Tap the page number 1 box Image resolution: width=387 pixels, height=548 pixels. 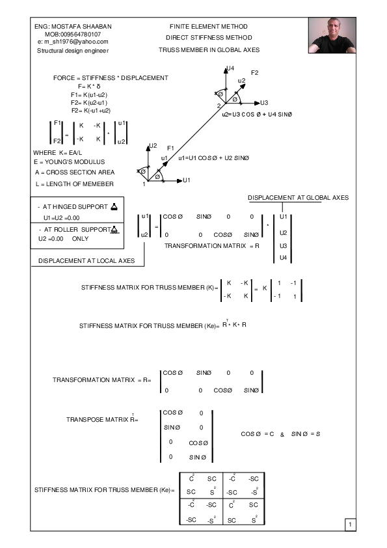coord(349,524)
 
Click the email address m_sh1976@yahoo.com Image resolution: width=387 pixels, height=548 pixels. coord(73,42)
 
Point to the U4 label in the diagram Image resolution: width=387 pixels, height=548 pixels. coord(231,68)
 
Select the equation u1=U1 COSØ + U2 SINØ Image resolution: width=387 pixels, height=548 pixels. coord(212,158)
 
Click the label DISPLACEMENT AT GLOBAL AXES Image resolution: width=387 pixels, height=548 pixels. coord(299,197)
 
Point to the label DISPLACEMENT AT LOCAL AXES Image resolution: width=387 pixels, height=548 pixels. coord(87,260)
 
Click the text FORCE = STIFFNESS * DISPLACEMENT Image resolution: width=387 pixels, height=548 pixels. coord(111,78)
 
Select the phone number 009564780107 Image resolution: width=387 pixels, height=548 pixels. coord(72,34)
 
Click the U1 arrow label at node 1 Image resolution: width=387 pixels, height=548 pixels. coord(187,180)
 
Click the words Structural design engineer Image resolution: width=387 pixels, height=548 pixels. coord(73,50)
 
